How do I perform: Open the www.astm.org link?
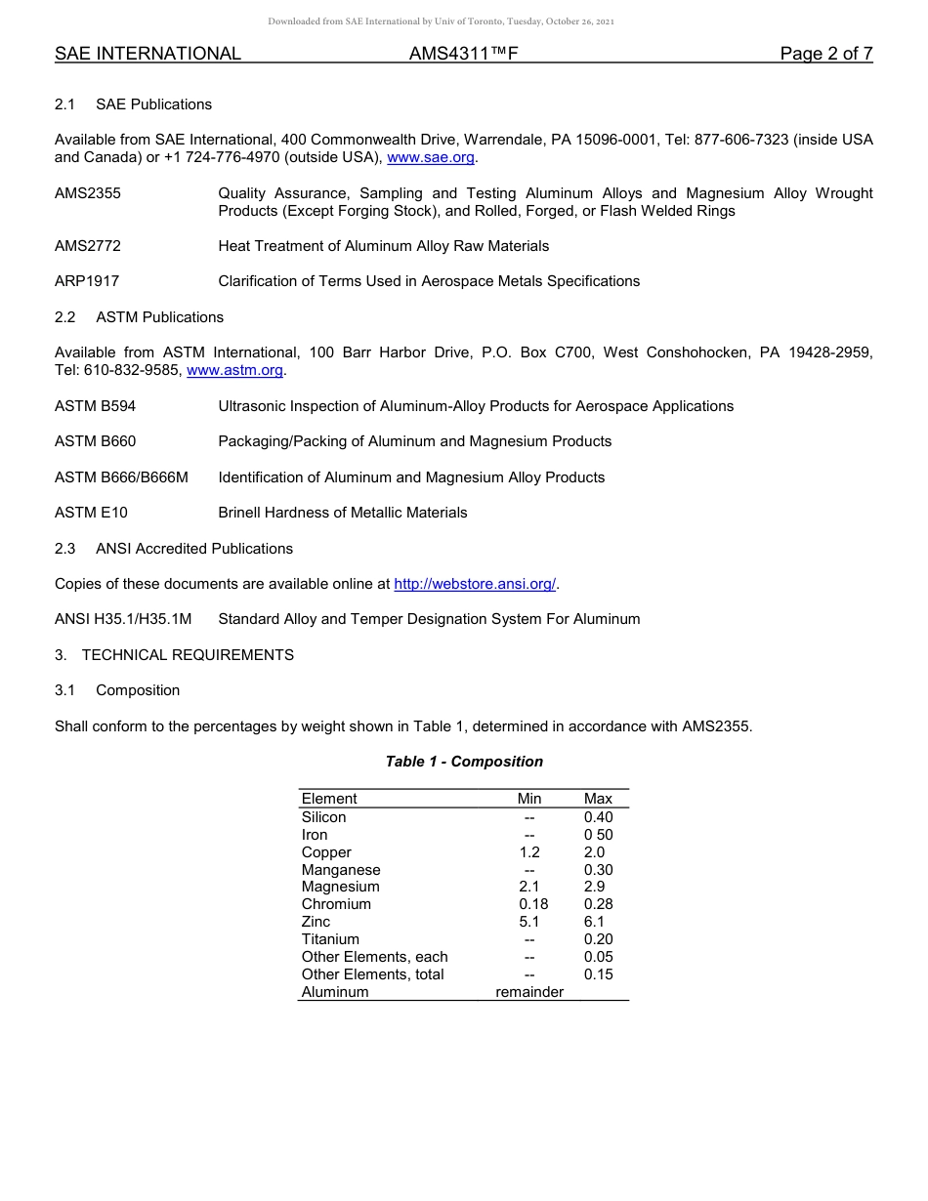pyautogui.click(x=234, y=370)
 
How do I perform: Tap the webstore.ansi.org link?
pyautogui.click(x=475, y=584)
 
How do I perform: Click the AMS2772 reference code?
pyautogui.click(x=88, y=246)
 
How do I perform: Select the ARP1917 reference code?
pyautogui.click(x=87, y=281)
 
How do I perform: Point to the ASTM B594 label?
pyautogui.click(x=95, y=406)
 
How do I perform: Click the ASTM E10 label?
pyautogui.click(x=91, y=513)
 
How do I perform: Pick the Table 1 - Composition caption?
pyautogui.click(x=464, y=762)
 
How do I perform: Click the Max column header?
pyautogui.click(x=598, y=799)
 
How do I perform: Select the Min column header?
pyautogui.click(x=529, y=799)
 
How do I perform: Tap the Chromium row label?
pyautogui.click(x=336, y=904)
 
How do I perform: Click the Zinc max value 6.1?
pyautogui.click(x=594, y=922)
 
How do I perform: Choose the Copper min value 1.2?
pyautogui.click(x=529, y=852)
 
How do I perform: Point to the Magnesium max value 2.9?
pyautogui.click(x=594, y=887)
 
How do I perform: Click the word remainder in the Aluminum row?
pyautogui.click(x=529, y=992)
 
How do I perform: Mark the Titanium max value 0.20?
pyautogui.click(x=598, y=939)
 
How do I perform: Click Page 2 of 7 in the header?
pyautogui.click(x=825, y=54)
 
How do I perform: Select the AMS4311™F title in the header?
pyautogui.click(x=463, y=54)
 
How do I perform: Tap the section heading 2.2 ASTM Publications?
pyautogui.click(x=139, y=317)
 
